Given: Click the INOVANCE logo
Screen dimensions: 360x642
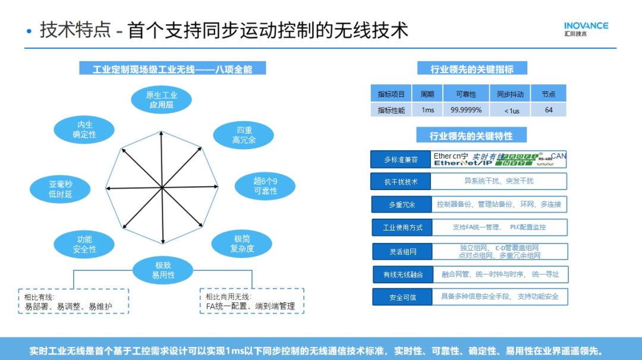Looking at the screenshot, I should [x=586, y=29].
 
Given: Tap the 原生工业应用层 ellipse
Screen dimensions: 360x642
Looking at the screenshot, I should [x=162, y=100].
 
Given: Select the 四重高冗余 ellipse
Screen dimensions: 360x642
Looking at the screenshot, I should [x=244, y=135].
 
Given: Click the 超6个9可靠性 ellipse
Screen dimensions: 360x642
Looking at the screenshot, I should [x=265, y=186].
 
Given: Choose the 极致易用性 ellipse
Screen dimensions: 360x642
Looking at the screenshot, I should [x=163, y=270].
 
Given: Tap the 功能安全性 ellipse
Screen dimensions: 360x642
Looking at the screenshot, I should [x=84, y=244].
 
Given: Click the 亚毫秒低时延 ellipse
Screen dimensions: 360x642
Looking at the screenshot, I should [x=61, y=189].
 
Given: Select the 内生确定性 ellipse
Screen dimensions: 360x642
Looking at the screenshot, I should [x=84, y=130].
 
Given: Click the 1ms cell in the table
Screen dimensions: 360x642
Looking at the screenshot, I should [x=427, y=110].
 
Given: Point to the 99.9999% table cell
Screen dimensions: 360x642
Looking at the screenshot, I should [x=466, y=110].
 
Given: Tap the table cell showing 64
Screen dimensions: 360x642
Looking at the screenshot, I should [x=548, y=110].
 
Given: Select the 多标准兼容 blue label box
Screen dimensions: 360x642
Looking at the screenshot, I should [x=400, y=159].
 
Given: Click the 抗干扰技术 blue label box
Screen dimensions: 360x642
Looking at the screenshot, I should [x=401, y=182].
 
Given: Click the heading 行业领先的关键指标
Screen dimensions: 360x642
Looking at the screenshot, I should [x=472, y=69].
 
